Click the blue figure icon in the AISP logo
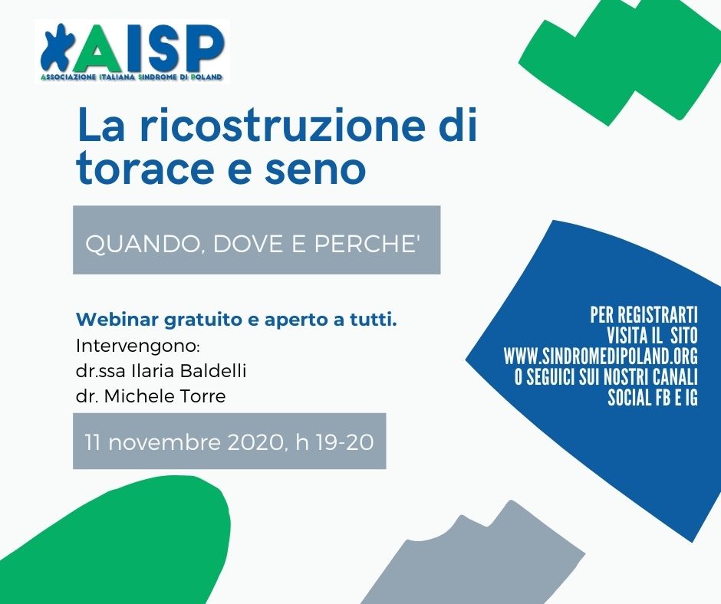click(x=56, y=48)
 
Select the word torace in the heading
click(x=145, y=168)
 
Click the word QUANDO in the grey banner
click(x=143, y=244)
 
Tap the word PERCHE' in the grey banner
click(x=367, y=243)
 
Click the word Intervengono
click(x=138, y=346)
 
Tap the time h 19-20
click(x=334, y=442)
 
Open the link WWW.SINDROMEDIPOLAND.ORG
click(x=601, y=356)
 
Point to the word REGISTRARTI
click(x=657, y=315)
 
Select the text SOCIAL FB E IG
click(x=653, y=398)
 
